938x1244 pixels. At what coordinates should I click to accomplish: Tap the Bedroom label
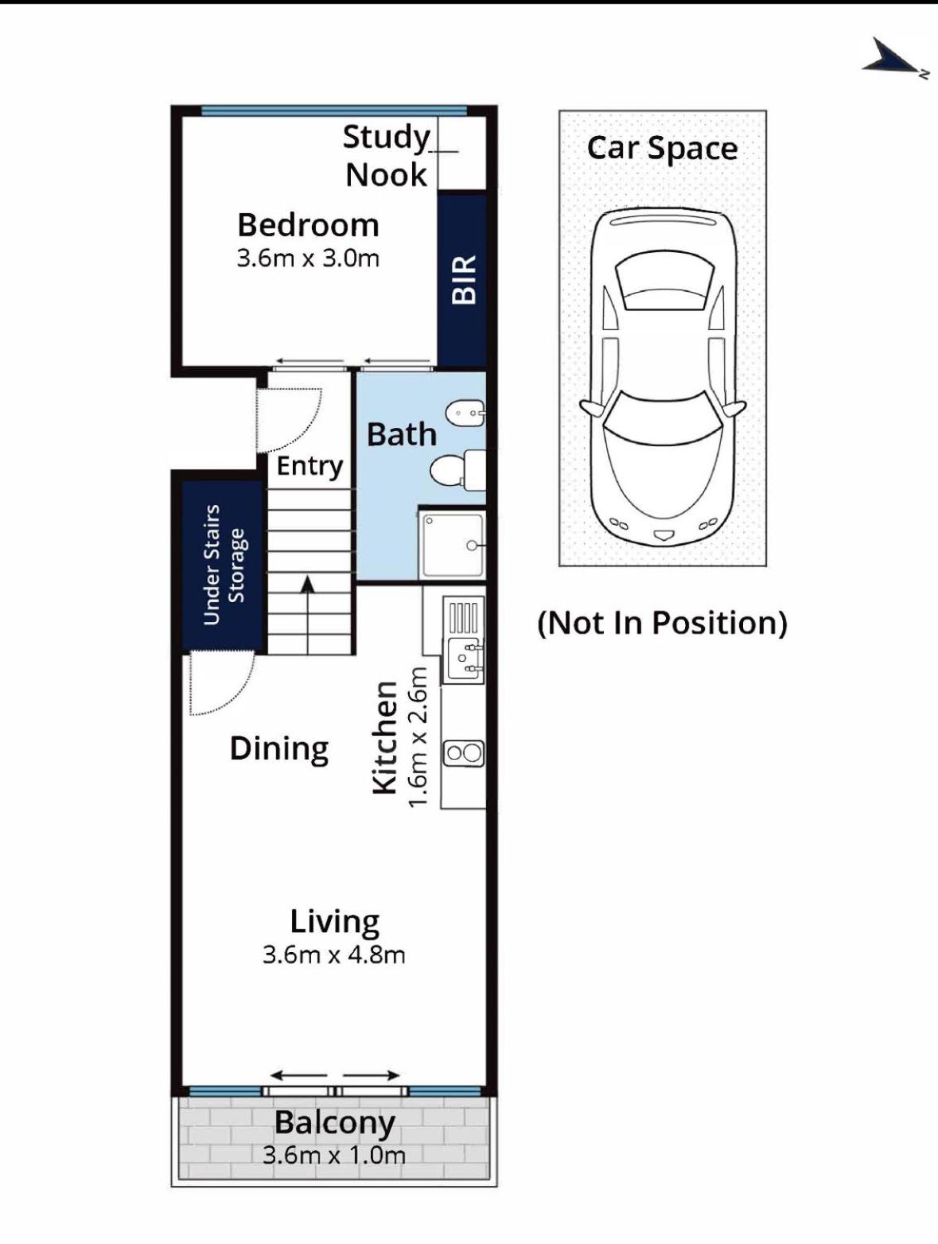(308, 225)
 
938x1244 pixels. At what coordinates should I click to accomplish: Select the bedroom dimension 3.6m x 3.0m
(308, 259)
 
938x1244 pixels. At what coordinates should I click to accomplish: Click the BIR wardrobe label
(463, 280)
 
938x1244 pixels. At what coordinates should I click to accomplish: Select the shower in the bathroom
(452, 545)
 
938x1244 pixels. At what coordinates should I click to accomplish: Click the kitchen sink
(464, 660)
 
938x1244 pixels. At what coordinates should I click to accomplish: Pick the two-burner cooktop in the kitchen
(464, 753)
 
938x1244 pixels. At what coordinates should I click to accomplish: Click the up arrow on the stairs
(308, 616)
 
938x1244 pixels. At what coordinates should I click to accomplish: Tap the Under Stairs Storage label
(226, 565)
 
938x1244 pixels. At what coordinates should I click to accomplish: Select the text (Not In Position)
(662, 623)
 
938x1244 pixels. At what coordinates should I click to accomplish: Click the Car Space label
(662, 149)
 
